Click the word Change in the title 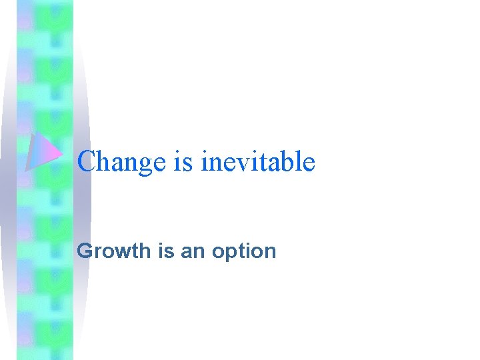[121, 162]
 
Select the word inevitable [257, 161]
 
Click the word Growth [114, 251]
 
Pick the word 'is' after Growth [165, 251]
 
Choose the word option [243, 252]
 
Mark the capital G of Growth [84, 251]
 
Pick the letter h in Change [103, 161]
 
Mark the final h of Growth [145, 251]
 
